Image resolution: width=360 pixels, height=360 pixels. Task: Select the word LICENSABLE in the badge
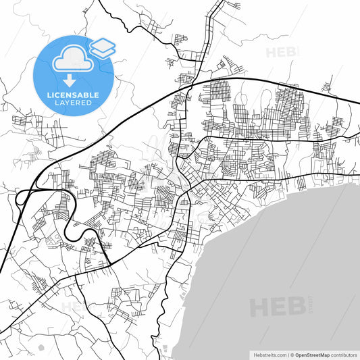click(72, 95)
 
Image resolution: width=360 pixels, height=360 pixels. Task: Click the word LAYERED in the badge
click(72, 103)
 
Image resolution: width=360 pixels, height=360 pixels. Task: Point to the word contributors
click(341, 355)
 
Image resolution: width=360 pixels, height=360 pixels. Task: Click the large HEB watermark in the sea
click(278, 307)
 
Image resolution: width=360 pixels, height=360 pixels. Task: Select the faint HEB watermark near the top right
click(281, 51)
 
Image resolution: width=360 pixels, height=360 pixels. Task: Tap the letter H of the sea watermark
click(260, 307)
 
